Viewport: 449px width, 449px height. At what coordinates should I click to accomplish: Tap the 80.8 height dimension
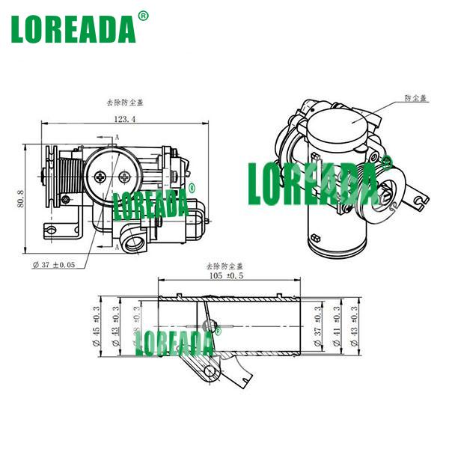21,200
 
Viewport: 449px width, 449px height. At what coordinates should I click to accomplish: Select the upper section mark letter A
117,138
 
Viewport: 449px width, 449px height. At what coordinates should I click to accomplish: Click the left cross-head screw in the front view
100,176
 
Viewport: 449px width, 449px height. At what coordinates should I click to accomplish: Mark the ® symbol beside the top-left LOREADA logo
144,15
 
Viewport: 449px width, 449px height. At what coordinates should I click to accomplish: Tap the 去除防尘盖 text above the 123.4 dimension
123,104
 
